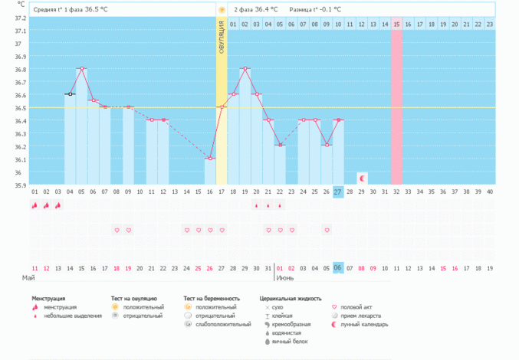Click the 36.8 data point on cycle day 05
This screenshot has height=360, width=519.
[81, 69]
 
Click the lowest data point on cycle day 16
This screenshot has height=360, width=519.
[210, 159]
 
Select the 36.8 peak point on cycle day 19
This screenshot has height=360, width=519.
[245, 69]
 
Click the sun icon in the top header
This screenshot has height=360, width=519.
[222, 10]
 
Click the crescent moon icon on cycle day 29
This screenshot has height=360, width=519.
[362, 178]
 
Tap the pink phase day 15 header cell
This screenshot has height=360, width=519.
[396, 25]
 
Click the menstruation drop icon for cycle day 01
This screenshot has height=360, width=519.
[34, 205]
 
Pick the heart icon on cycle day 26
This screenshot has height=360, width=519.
[327, 230]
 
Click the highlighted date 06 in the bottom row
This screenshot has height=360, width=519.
[337, 268]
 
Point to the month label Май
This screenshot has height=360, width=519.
[28, 277]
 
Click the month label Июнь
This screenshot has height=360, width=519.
[285, 277]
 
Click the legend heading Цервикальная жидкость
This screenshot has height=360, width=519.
[291, 298]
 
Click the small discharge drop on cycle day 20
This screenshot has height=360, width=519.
[256, 205]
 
